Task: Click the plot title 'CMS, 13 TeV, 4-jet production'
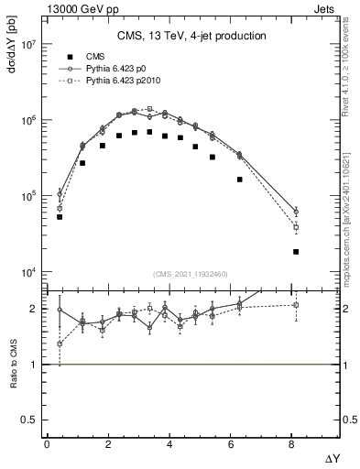tap(191, 37)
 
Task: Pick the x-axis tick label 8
tap(292, 444)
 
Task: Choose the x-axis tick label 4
tap(169, 444)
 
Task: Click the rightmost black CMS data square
tap(296, 251)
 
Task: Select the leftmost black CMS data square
tap(60, 217)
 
